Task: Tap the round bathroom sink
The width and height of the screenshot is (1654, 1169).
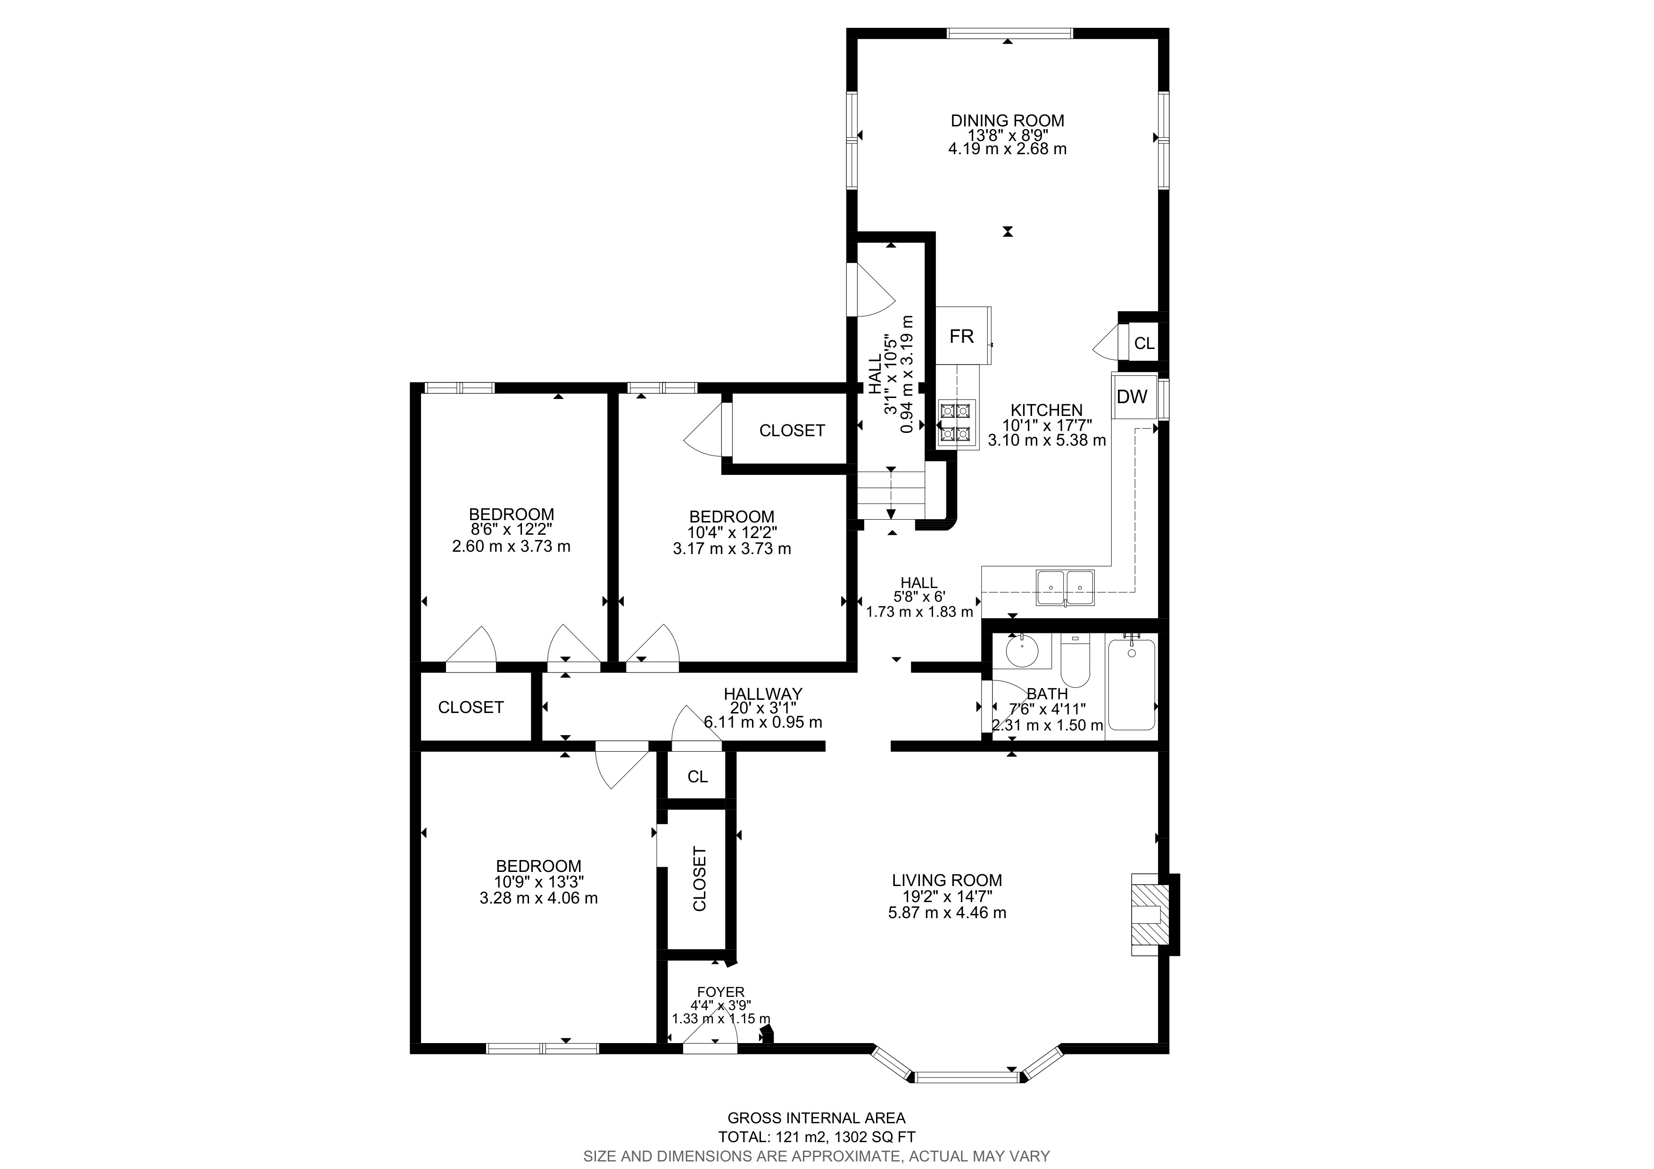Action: (x=1022, y=652)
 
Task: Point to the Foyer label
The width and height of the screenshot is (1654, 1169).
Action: (x=720, y=992)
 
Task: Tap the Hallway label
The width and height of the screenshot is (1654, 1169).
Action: (x=763, y=694)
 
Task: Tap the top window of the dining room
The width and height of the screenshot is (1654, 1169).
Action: (x=1009, y=33)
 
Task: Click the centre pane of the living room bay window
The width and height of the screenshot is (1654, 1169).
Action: (x=968, y=1078)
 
